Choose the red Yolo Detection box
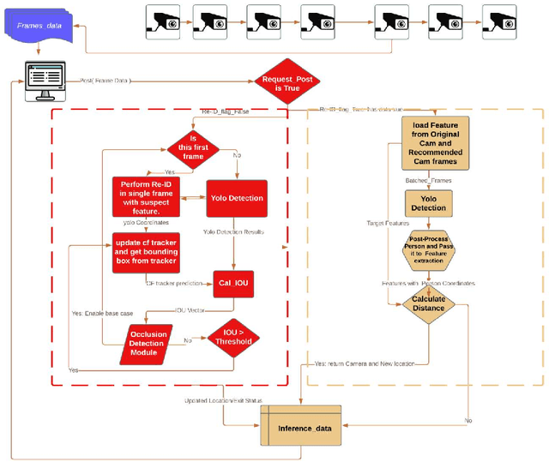coord(237,198)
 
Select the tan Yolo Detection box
coord(428,203)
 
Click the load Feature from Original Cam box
coord(434,145)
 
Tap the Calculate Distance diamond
coord(428,303)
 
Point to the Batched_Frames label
coord(429,181)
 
